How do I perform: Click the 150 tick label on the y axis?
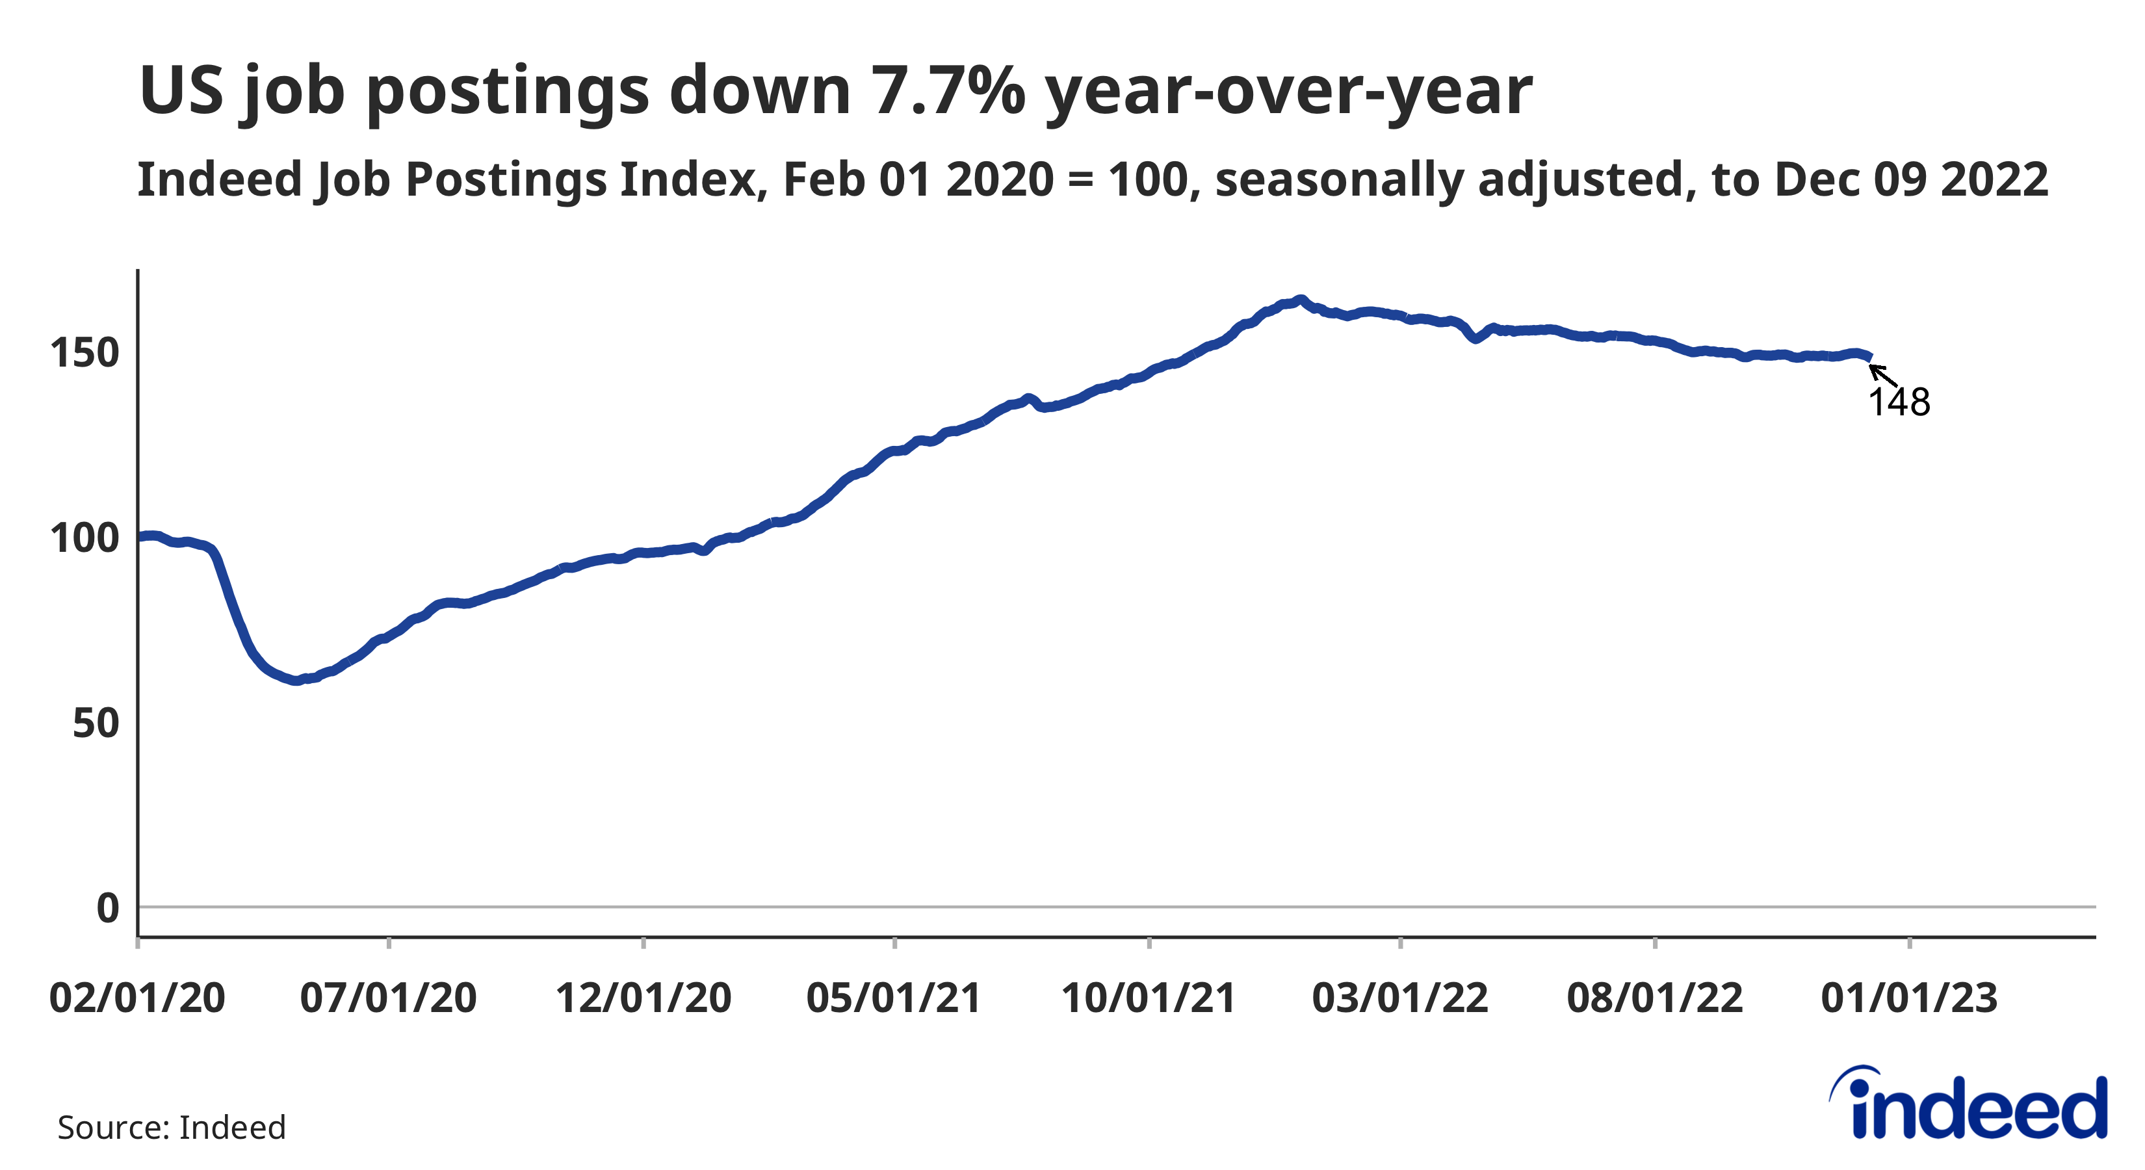pyautogui.click(x=84, y=353)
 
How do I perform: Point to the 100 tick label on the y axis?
pyautogui.click(x=84, y=538)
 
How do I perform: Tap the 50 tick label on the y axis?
pyautogui.click(x=95, y=723)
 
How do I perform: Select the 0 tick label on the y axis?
pyautogui.click(x=107, y=907)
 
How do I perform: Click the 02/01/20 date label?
pyautogui.click(x=137, y=998)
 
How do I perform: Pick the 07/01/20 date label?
pyautogui.click(x=388, y=998)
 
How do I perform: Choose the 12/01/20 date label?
pyautogui.click(x=643, y=998)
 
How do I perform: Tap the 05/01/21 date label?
pyautogui.click(x=894, y=998)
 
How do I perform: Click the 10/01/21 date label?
pyautogui.click(x=1149, y=998)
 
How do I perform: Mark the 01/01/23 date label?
pyautogui.click(x=1909, y=998)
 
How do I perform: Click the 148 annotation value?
pyautogui.click(x=1899, y=403)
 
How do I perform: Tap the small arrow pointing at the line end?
pyautogui.click(x=1882, y=375)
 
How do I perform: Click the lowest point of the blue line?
pyautogui.click(x=296, y=681)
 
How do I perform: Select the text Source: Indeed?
pyautogui.click(x=172, y=1128)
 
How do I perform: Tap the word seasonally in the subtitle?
pyautogui.click(x=1339, y=180)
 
